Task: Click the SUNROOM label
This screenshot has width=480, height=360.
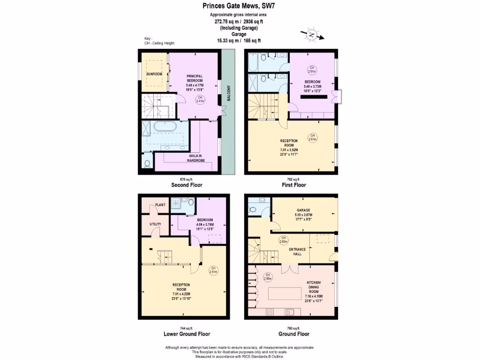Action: [154, 74]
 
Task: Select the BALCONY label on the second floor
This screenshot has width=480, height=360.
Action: [228, 93]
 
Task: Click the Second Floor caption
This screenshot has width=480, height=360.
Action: [186, 185]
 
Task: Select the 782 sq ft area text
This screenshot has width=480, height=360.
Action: [293, 180]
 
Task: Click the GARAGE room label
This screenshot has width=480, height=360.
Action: [304, 210]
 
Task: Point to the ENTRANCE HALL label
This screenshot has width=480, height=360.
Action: [297, 252]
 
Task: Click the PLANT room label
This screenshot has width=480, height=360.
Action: [160, 205]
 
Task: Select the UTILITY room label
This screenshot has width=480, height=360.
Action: [156, 224]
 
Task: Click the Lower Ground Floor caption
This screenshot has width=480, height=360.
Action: [186, 334]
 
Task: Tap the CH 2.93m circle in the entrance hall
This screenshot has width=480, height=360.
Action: [283, 240]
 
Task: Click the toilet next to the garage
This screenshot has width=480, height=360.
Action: [252, 209]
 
